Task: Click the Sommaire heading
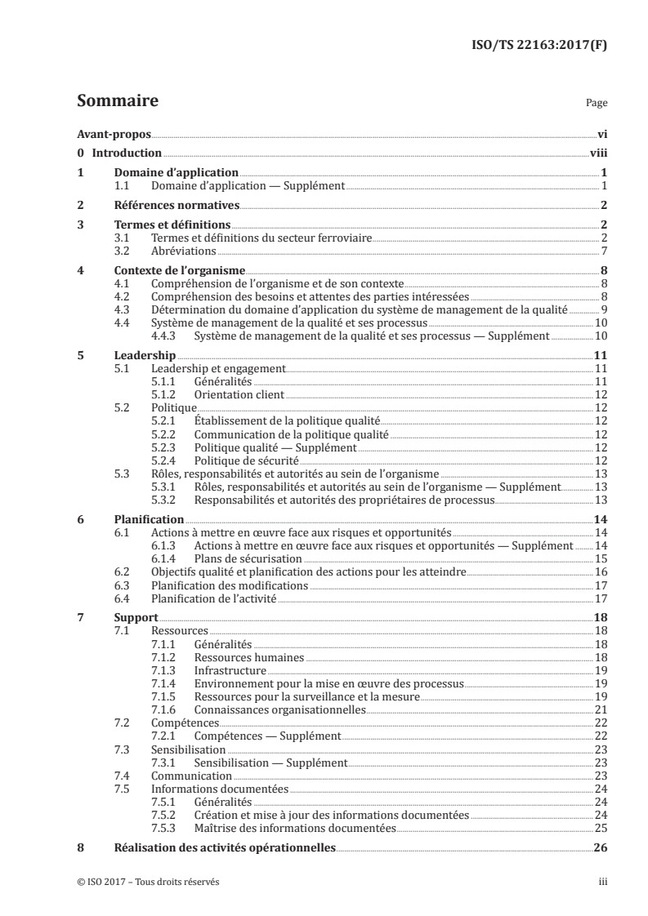[117, 101]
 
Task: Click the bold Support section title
[136, 619]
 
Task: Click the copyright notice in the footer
[148, 882]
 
